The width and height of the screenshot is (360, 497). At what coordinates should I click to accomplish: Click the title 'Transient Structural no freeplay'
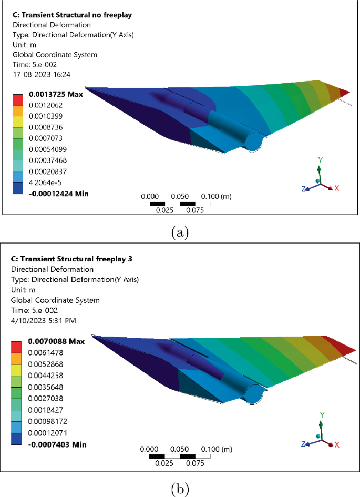pos(71,15)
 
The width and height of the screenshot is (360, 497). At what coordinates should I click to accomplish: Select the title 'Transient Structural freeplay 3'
pos(69,259)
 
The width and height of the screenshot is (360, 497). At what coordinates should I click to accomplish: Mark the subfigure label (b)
pos(180,488)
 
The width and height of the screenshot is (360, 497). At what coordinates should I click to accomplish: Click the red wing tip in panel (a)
pos(344,93)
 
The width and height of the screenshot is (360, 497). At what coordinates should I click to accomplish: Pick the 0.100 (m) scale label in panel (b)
pos(217,450)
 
